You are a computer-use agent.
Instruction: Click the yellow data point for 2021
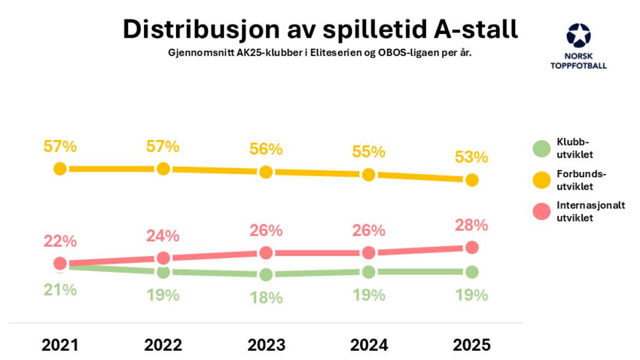60,169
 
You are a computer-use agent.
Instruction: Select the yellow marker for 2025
472,180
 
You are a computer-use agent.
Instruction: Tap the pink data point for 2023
266,253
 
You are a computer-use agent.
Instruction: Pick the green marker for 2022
163,272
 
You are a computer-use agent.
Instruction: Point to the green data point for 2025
472,272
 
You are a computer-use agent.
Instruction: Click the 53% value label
472,157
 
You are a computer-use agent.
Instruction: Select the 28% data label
472,225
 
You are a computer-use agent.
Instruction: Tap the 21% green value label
60,290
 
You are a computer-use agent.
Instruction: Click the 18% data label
266,298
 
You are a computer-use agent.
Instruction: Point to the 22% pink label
60,241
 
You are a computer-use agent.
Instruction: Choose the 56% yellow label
266,149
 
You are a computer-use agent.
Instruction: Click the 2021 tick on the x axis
60,345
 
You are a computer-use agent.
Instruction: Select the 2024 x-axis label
369,345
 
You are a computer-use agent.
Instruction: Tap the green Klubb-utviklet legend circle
542,149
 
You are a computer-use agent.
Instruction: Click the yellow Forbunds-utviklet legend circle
542,180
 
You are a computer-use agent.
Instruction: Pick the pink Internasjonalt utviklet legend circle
542,211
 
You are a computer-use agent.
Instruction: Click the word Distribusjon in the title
202,30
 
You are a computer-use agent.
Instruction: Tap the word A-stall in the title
476,30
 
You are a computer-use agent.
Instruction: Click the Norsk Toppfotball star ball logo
578,36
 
